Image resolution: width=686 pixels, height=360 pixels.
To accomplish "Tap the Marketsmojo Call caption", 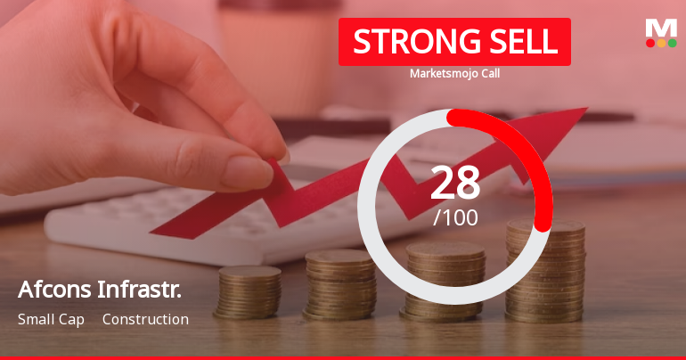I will click(x=454, y=74).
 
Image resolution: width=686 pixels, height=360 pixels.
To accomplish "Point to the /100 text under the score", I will click(x=455, y=217).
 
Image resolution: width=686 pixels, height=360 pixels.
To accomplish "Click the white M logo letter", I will click(x=661, y=28).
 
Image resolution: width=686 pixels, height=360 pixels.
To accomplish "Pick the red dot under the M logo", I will click(x=650, y=43).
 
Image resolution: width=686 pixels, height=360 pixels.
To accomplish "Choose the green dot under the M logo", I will click(x=672, y=43).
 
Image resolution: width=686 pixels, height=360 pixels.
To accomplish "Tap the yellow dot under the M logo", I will click(x=661, y=43).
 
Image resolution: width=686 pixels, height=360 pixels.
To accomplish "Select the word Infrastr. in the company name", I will click(x=143, y=290).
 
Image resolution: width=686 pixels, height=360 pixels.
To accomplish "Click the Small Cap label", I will click(x=51, y=319).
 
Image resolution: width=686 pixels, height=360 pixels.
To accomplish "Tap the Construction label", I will click(x=145, y=319).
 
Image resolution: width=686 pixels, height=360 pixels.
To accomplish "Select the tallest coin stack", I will click(x=545, y=272).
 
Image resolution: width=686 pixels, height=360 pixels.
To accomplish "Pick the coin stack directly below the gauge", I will click(x=445, y=281).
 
